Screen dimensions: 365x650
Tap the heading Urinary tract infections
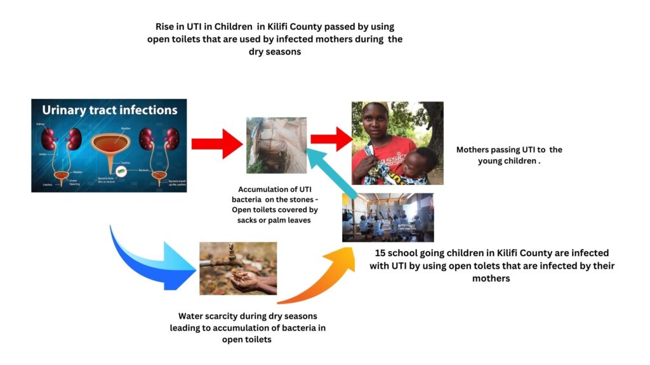(109, 110)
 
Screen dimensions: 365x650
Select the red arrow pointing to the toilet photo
(215, 144)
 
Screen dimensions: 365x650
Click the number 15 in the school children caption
(381, 253)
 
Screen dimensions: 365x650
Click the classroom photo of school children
(387, 217)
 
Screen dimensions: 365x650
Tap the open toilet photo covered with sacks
(276, 145)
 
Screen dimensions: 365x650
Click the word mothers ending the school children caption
(491, 278)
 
